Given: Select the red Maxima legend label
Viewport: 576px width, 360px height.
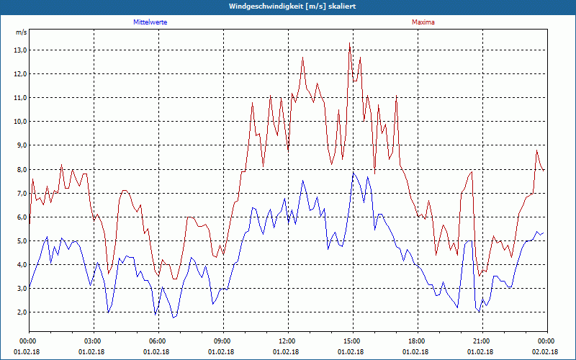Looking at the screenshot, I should pyautogui.click(x=423, y=22).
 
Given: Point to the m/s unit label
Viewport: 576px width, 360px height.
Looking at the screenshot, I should pyautogui.click(x=21, y=32).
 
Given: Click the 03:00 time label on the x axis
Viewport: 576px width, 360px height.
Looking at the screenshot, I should pyautogui.click(x=93, y=341).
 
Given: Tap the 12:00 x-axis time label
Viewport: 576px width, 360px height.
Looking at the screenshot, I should pyautogui.click(x=287, y=341).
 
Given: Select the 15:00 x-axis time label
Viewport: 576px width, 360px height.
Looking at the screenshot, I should pyautogui.click(x=351, y=341).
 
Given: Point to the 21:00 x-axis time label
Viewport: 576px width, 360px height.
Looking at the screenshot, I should pyautogui.click(x=481, y=341).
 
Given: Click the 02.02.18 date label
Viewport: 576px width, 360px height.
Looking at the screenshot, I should pyautogui.click(x=545, y=351).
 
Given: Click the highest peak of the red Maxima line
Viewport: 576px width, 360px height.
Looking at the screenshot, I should pyautogui.click(x=350, y=43).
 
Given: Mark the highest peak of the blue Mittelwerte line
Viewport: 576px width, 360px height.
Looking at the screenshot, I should pyautogui.click(x=353, y=174).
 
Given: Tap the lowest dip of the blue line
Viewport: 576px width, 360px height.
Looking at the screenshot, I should pyautogui.click(x=174, y=318).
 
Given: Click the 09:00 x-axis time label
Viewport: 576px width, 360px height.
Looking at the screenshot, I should pyautogui.click(x=222, y=341).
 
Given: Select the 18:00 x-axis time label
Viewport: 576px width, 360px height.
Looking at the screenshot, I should pyautogui.click(x=416, y=341).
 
